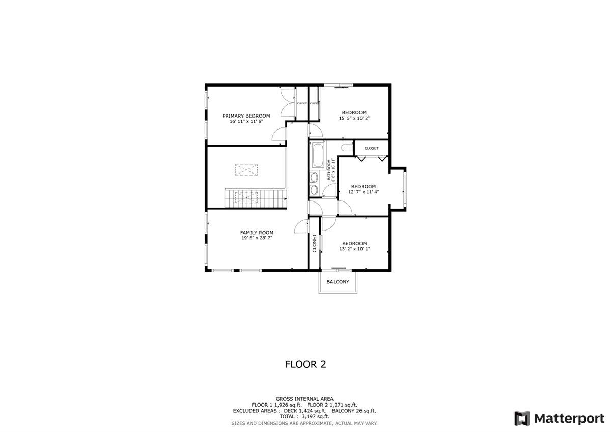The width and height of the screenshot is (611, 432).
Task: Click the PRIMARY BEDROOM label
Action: pyautogui.click(x=246, y=116)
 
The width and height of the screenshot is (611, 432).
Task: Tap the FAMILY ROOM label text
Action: pyautogui.click(x=257, y=233)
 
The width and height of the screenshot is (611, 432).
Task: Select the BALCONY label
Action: pyautogui.click(x=338, y=282)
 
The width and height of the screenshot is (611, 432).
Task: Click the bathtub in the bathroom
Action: pyautogui.click(x=319, y=156)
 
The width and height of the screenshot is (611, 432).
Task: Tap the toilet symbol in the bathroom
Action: pyautogui.click(x=347, y=148)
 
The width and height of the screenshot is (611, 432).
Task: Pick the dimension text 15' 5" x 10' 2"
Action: pyautogui.click(x=354, y=119)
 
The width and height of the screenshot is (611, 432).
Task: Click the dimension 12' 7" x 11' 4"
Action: pyautogui.click(x=364, y=192)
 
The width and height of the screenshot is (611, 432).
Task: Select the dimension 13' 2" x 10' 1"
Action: pyautogui.click(x=354, y=249)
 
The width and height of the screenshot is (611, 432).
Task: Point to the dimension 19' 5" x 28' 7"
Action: pyautogui.click(x=257, y=238)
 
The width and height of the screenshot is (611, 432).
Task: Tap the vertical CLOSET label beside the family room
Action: pyautogui.click(x=315, y=243)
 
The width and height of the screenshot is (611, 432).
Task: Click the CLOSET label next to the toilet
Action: pyautogui.click(x=371, y=148)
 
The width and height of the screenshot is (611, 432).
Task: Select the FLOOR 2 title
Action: pyautogui.click(x=305, y=364)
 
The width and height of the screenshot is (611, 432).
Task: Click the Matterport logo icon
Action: pyautogui.click(x=522, y=418)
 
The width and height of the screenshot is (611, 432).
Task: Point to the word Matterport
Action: pyautogui.click(x=569, y=418)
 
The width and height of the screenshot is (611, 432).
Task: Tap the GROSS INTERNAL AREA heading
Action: pyautogui.click(x=304, y=399)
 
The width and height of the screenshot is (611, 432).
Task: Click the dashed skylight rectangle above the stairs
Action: pyautogui.click(x=246, y=170)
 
